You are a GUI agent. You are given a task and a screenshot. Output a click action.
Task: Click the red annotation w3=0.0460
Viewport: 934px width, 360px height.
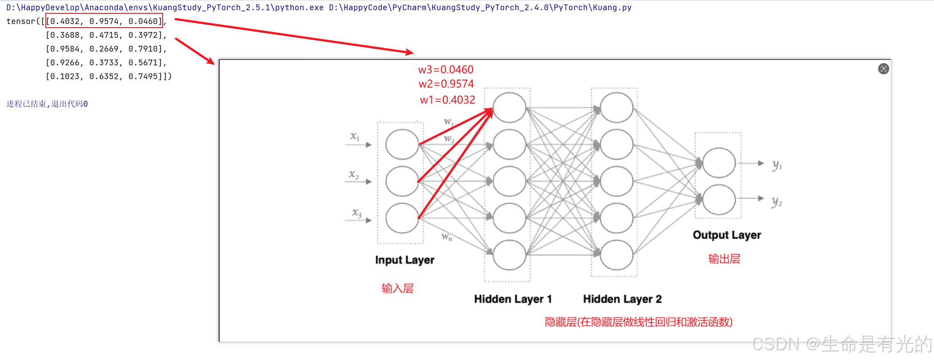(x=446, y=70)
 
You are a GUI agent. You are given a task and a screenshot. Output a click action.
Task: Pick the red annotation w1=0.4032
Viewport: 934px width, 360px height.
(x=447, y=100)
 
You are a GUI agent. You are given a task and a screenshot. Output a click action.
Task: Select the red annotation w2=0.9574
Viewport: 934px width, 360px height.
(x=446, y=84)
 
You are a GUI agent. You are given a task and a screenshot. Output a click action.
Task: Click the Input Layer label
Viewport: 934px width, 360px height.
(x=404, y=260)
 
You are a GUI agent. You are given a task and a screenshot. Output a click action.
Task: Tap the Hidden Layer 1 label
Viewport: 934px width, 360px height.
(x=513, y=299)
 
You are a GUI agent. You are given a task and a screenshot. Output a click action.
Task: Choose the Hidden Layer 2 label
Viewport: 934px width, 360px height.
(x=622, y=299)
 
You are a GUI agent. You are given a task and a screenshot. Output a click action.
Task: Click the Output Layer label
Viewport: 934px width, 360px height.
(x=726, y=235)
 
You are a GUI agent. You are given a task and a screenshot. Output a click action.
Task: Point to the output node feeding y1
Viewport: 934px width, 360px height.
(x=718, y=163)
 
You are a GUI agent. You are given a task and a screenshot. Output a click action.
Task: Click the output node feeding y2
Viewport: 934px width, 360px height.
(x=718, y=200)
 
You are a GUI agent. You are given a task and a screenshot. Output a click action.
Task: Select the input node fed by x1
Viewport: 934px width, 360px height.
(x=402, y=144)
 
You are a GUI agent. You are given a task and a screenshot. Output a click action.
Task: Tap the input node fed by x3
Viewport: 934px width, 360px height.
(x=402, y=218)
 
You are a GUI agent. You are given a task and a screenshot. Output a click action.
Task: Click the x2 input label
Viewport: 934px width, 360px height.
(x=354, y=175)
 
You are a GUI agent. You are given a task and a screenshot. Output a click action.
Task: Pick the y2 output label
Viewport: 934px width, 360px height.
(x=776, y=203)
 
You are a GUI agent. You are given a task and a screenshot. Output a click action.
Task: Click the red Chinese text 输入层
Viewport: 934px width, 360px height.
(x=397, y=288)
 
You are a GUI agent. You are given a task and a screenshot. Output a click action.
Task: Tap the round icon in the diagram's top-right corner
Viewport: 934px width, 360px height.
(x=883, y=69)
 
